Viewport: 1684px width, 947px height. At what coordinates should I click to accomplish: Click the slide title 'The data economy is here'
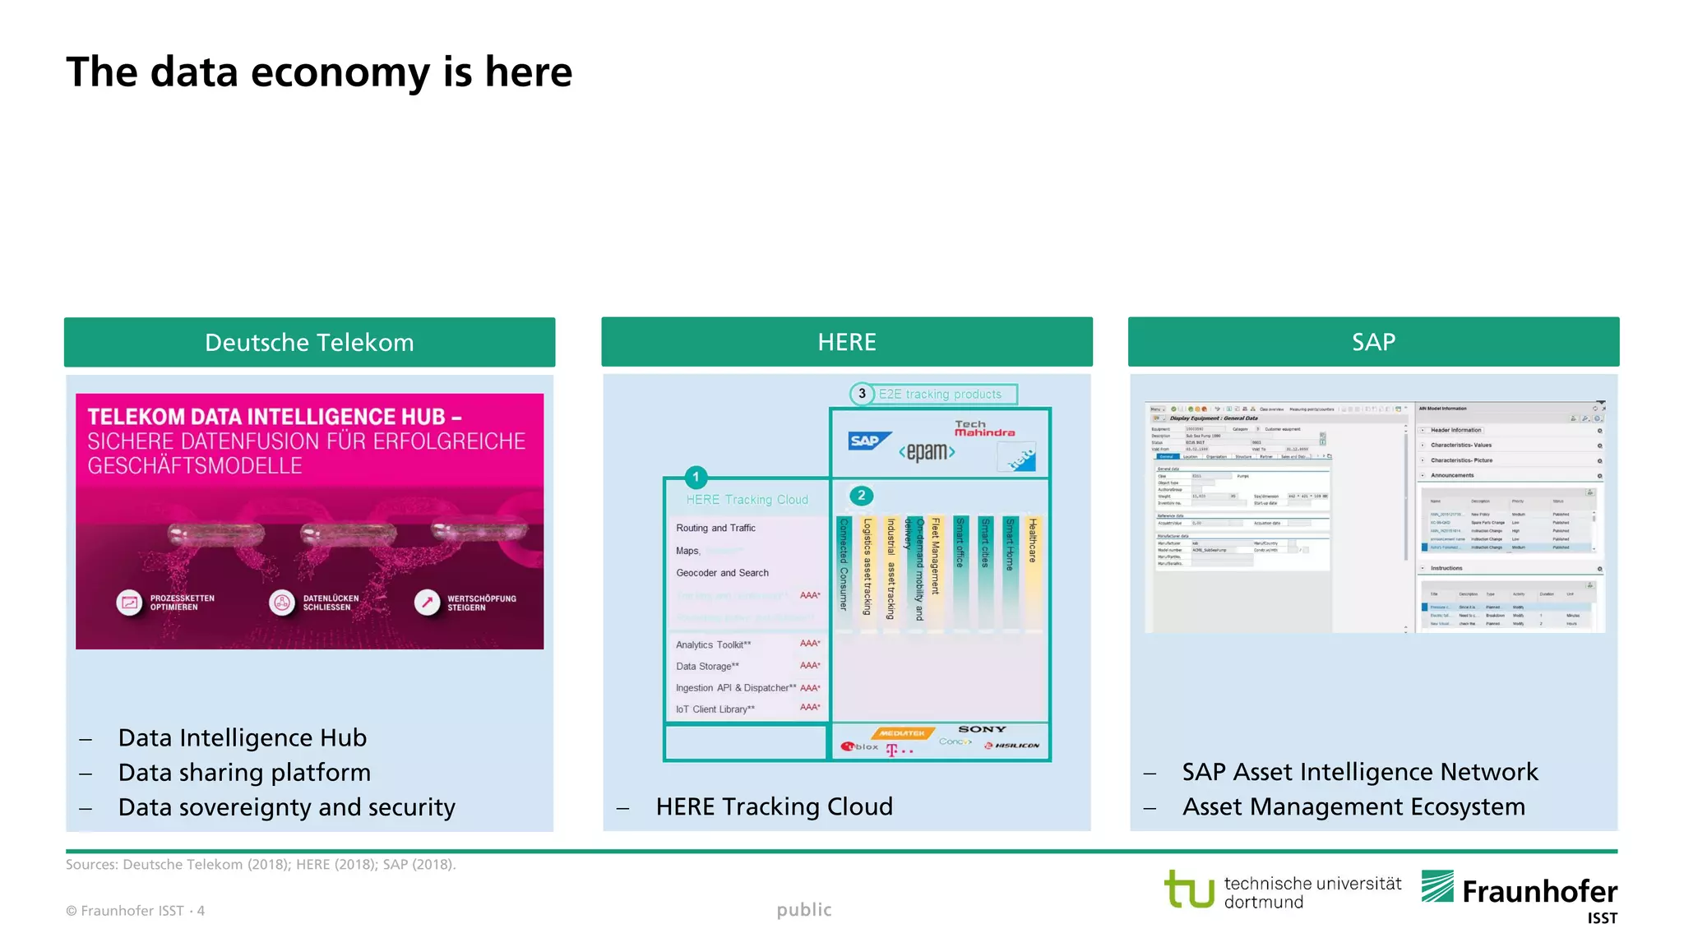click(319, 72)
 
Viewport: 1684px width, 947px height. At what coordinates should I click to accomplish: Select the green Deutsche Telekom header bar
click(309, 342)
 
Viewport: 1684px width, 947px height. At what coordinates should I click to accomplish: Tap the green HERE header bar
click(846, 342)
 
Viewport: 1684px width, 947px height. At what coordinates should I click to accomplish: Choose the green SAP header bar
click(1373, 342)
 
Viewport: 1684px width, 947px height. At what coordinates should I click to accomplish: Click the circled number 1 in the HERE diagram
click(696, 477)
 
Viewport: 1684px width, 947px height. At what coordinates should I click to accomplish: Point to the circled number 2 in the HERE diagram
click(861, 495)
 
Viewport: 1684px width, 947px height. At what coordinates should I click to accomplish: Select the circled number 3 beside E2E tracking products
click(862, 394)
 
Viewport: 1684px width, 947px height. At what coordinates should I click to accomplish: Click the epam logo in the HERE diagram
click(927, 451)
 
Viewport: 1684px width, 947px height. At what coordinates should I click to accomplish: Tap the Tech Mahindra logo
click(984, 428)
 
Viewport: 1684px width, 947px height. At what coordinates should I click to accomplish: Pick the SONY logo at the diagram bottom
click(982, 729)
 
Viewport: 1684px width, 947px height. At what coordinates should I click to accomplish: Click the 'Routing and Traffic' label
click(715, 528)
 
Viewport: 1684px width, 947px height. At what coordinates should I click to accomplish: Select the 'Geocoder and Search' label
click(722, 573)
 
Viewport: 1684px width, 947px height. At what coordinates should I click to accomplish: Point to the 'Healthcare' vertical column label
click(1033, 540)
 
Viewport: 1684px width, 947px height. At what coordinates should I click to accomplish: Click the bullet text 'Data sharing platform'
click(244, 773)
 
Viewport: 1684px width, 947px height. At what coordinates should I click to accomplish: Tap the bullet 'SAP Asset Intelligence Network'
click(1359, 772)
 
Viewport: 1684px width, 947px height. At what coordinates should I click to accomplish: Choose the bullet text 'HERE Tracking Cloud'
click(774, 806)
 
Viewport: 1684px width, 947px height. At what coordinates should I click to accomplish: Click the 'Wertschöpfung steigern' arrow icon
click(427, 603)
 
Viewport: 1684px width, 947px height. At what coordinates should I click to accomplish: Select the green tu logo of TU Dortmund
click(1189, 889)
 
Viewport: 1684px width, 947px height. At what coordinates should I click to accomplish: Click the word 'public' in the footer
click(804, 910)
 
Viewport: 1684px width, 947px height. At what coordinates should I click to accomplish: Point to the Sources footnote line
click(261, 864)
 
